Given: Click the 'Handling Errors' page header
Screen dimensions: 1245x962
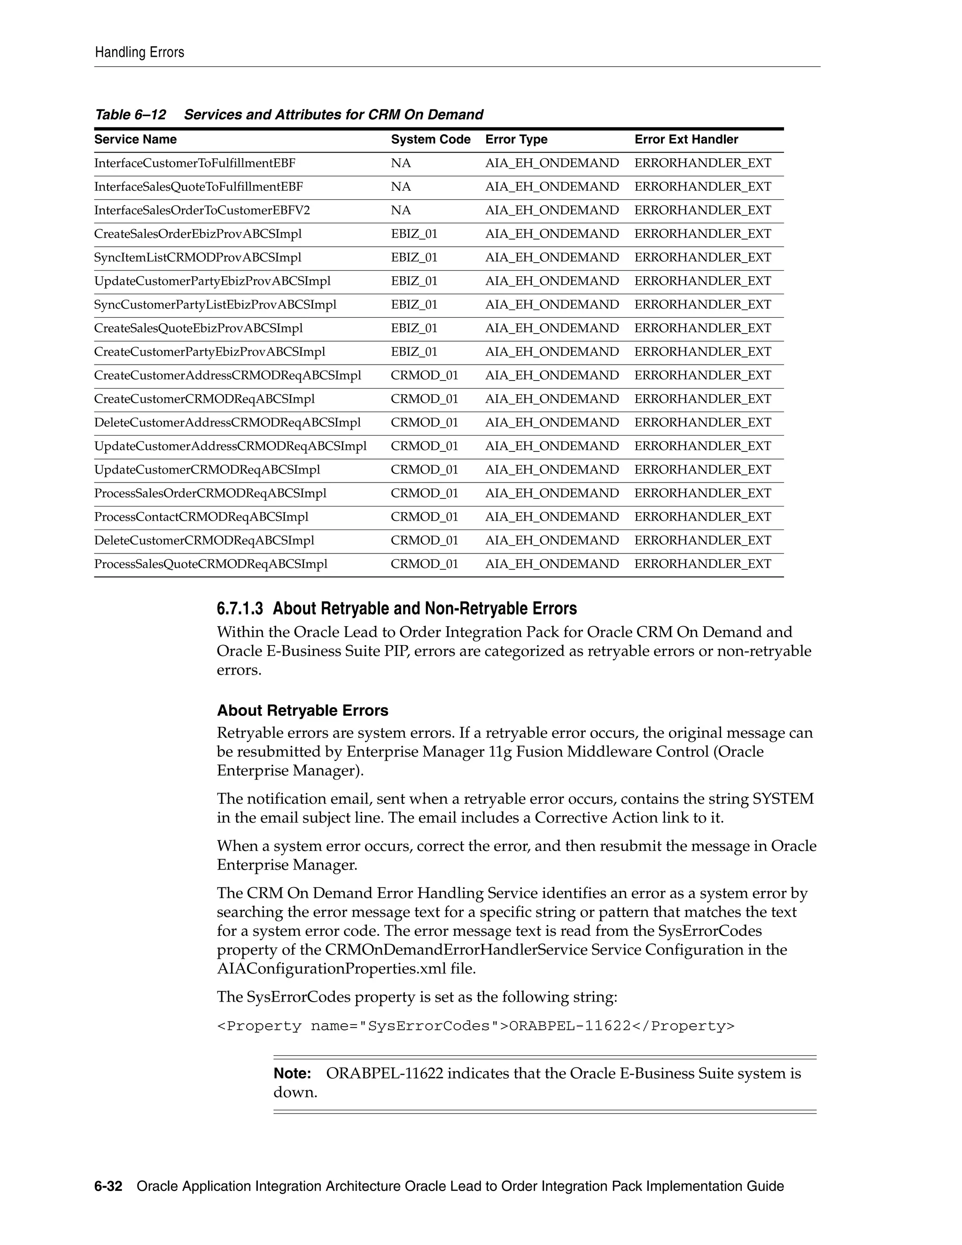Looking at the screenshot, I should (x=140, y=53).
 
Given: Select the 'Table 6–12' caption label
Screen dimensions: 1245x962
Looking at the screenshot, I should (x=131, y=115).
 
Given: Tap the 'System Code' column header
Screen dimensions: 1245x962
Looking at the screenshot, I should (x=430, y=140).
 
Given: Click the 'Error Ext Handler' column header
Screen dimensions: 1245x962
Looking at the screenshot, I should (x=686, y=140).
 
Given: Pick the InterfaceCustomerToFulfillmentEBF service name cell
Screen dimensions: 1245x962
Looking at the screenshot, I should (x=195, y=163).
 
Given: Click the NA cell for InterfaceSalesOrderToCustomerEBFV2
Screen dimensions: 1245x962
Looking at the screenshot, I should (x=401, y=210).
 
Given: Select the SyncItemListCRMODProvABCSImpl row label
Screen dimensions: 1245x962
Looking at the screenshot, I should (x=198, y=257).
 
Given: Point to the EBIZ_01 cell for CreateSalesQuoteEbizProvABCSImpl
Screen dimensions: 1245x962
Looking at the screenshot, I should (x=414, y=328).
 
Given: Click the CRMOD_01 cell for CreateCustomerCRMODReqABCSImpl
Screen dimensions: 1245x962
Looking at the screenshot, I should (x=424, y=399).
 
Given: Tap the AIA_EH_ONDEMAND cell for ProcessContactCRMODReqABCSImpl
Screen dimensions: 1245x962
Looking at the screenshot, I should (x=551, y=517).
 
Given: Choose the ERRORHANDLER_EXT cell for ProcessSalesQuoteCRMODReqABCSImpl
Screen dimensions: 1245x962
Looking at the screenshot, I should (x=702, y=564).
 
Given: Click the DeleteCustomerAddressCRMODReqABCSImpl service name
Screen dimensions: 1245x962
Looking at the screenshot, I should (x=227, y=423).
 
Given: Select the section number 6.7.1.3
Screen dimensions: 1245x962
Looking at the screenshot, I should (x=240, y=609).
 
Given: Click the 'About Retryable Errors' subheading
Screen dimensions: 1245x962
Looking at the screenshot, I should (x=302, y=710).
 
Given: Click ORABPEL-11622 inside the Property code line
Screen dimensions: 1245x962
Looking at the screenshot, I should (x=569, y=1026).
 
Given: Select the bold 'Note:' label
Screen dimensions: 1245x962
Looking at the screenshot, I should (x=292, y=1074).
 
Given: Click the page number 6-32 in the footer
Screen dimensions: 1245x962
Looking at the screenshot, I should (x=109, y=1186).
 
